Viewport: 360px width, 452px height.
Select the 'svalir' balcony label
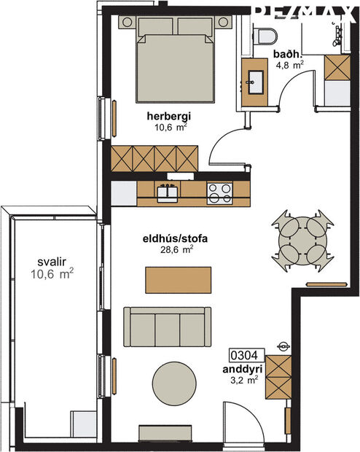[51, 262]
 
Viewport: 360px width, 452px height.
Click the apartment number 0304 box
[245, 356]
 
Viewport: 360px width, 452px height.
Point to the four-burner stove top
[219, 192]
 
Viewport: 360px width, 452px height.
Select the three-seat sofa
[167, 326]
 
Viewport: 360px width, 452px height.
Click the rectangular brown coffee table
[179, 278]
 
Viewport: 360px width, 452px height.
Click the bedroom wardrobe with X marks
[154, 157]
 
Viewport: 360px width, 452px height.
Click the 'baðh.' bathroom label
[286, 54]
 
